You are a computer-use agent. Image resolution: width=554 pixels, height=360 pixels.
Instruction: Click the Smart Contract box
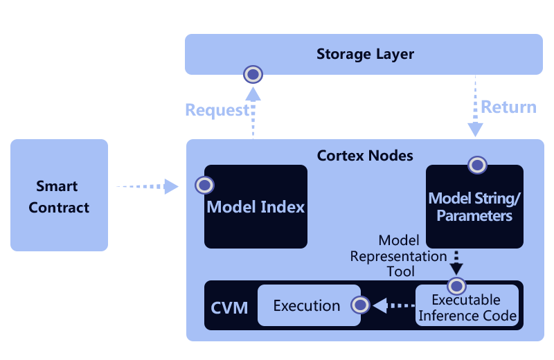[x=59, y=196]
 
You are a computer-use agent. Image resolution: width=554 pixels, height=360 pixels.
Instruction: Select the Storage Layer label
[x=365, y=54]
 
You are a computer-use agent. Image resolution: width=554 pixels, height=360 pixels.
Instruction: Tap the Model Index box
[x=256, y=207]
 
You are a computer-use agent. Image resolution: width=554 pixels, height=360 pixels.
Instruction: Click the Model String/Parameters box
[x=474, y=207]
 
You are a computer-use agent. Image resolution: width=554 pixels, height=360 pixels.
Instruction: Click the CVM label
[x=229, y=307]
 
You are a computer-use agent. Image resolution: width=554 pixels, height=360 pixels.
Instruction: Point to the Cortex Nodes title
[x=365, y=155]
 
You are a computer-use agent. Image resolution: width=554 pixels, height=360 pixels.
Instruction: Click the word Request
[x=216, y=110]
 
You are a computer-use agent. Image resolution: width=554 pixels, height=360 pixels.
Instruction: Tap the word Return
[x=508, y=107]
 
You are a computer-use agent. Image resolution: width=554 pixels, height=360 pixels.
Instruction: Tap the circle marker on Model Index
[x=204, y=185]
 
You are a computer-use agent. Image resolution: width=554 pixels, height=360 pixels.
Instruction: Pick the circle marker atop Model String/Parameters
[x=476, y=165]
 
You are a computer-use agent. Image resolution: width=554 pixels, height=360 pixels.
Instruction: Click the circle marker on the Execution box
[x=360, y=305]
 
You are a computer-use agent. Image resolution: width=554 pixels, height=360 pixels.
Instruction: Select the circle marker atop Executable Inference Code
[x=456, y=285]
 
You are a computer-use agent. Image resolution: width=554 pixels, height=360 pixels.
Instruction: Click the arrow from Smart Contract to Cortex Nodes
[x=147, y=186]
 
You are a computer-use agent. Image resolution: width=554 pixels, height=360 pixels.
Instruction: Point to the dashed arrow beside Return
[x=475, y=107]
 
